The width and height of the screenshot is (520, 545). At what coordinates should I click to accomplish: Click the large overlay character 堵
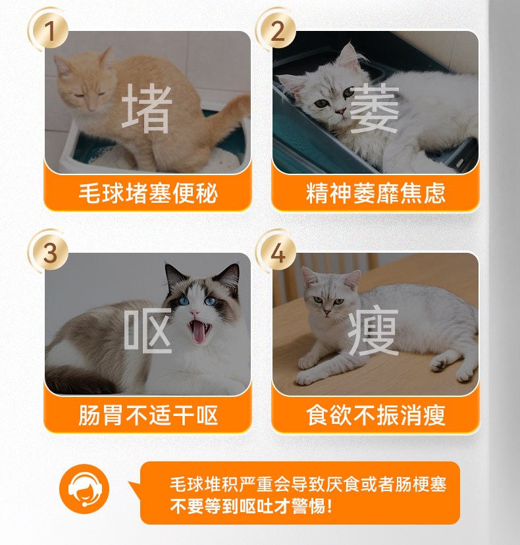[x=147, y=109]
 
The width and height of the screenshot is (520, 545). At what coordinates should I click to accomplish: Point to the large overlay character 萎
[x=374, y=109]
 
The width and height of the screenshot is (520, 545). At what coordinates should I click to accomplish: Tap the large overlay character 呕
[x=147, y=330]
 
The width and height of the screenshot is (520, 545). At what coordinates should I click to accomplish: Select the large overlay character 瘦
[x=373, y=332]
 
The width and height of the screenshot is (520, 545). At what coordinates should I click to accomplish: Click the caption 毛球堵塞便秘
[x=148, y=193]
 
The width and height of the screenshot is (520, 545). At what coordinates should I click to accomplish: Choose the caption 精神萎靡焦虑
[x=376, y=193]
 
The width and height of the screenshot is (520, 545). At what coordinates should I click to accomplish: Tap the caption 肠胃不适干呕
[x=148, y=415]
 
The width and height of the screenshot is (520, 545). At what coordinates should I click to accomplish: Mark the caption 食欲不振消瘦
[x=376, y=415]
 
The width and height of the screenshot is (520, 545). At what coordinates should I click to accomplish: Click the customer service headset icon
[x=84, y=489]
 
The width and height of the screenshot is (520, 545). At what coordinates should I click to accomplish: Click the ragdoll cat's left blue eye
[x=184, y=301]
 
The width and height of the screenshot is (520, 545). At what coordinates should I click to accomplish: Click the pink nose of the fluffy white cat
[x=341, y=111]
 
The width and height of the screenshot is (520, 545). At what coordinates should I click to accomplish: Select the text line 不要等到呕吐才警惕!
[x=251, y=506]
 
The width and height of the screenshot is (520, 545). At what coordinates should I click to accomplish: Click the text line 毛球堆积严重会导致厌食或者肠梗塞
[x=308, y=484]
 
